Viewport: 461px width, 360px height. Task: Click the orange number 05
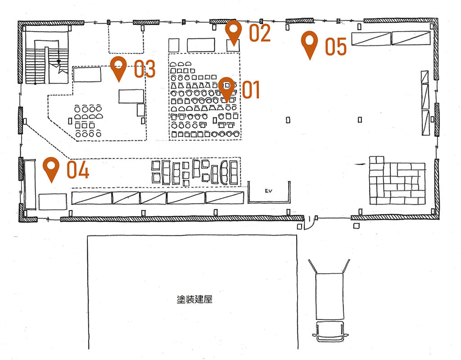coord(336,46)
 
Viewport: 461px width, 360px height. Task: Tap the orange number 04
coord(78,170)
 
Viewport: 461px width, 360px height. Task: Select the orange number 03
coord(145,69)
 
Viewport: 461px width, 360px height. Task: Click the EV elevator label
coord(268,191)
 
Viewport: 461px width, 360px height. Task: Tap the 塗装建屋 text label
coord(194,299)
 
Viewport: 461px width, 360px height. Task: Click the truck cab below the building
coord(330,331)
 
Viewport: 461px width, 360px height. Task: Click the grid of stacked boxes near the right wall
coord(397,181)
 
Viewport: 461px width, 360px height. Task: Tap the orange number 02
coord(260,32)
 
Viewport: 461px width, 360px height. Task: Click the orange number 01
coord(251,90)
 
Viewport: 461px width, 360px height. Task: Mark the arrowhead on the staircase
coord(59,62)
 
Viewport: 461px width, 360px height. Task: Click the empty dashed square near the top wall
coord(126,38)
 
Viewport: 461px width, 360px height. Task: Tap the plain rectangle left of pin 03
coord(87,75)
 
